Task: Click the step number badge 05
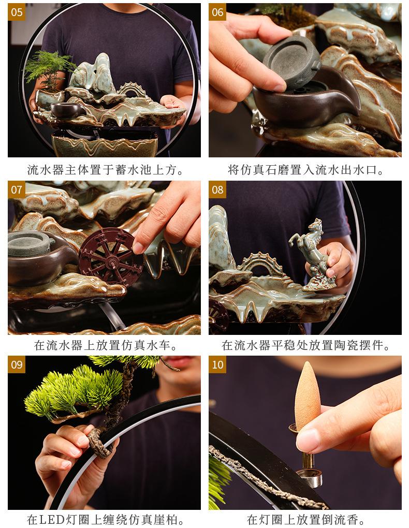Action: [x=17, y=12]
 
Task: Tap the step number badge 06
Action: [x=217, y=12]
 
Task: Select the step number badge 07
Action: [x=17, y=189]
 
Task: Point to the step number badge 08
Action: [x=217, y=189]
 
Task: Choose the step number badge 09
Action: [x=17, y=364]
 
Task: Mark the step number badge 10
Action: [x=217, y=364]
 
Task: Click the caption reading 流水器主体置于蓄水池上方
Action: [x=105, y=170]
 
